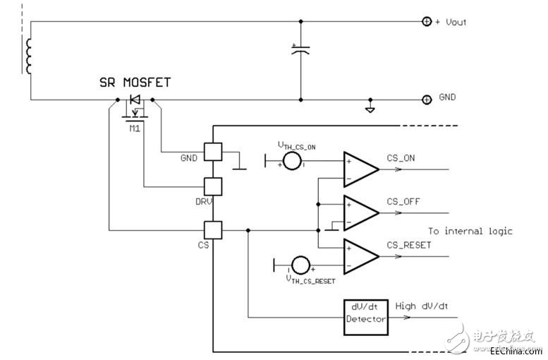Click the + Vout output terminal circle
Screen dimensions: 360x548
pyautogui.click(x=426, y=22)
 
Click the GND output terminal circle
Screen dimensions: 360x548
pyautogui.click(x=426, y=100)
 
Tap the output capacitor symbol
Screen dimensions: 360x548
pyautogui.click(x=300, y=49)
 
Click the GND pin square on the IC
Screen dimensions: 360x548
pyautogui.click(x=212, y=152)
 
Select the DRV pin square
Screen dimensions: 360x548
pyautogui.click(x=212, y=186)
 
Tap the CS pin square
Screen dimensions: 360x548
pyautogui.click(x=212, y=230)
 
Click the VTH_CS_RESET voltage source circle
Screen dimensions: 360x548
pyautogui.click(x=300, y=265)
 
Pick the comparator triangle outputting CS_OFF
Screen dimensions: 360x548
pyautogui.click(x=360, y=212)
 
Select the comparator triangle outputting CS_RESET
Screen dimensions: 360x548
pyautogui.click(x=360, y=256)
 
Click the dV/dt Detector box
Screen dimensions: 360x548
pyautogui.click(x=366, y=314)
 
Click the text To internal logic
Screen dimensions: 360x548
pyautogui.click(x=470, y=231)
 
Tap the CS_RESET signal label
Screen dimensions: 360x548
pyautogui.click(x=410, y=245)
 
